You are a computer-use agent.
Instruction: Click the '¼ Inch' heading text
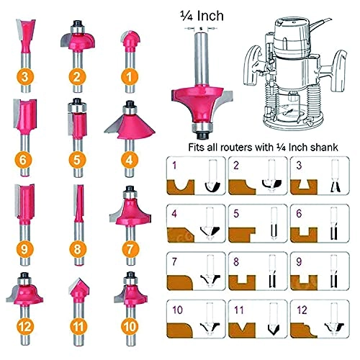(204, 14)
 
